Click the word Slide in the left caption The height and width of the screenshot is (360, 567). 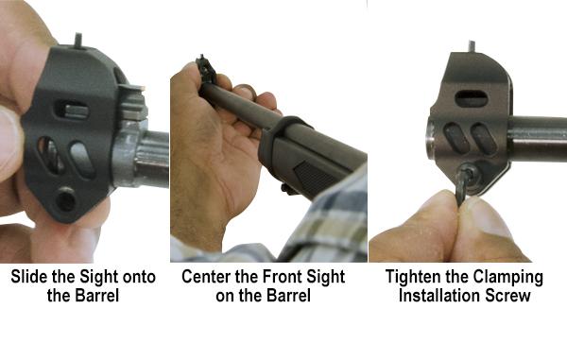[x=29, y=277]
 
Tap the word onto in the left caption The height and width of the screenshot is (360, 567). [x=139, y=277]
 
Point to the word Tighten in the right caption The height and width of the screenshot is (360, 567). [x=414, y=277]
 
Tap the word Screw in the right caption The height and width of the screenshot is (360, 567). [x=507, y=296]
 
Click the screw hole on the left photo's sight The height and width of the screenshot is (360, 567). [x=66, y=199]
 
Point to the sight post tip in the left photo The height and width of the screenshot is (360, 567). [x=78, y=35]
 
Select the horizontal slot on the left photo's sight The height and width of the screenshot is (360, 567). [x=72, y=110]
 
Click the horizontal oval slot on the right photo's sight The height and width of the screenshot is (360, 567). [x=472, y=98]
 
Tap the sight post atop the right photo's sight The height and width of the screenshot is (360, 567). [x=472, y=46]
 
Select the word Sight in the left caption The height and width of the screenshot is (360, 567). [x=99, y=278]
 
